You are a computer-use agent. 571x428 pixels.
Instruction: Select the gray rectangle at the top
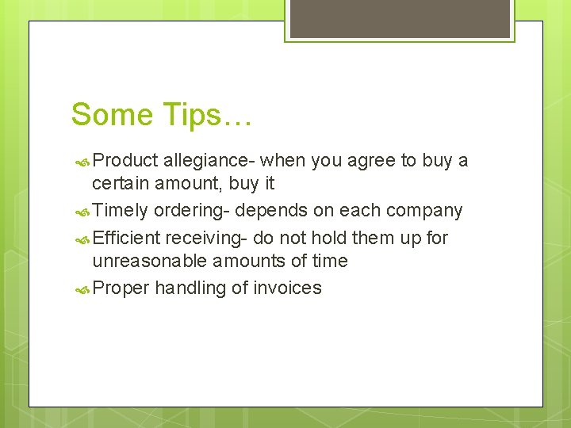(400, 18)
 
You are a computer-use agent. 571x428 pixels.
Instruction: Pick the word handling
(190, 289)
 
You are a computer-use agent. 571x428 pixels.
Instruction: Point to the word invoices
(288, 289)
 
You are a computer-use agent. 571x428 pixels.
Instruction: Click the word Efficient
(126, 238)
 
